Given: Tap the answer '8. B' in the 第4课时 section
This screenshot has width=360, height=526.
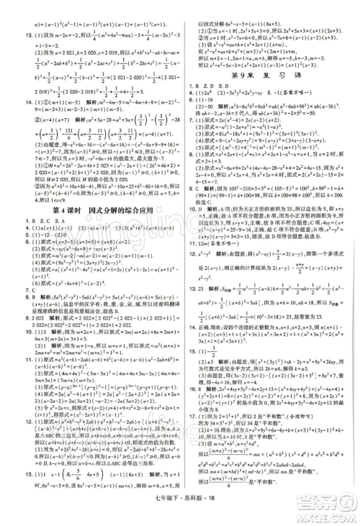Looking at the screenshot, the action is pos(14,294).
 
